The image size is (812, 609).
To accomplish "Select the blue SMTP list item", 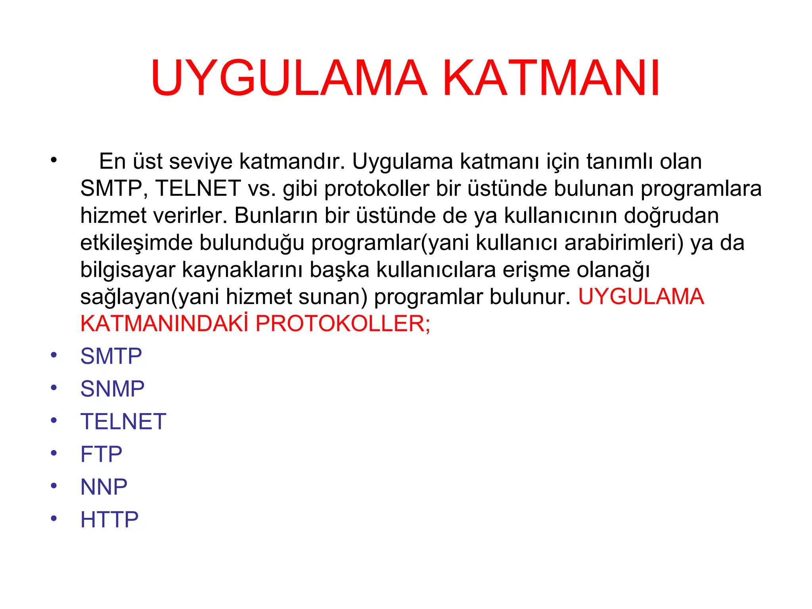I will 111,356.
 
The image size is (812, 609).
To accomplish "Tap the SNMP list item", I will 112,389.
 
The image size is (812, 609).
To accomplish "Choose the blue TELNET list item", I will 123,421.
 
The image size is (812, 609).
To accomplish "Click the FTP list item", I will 101,454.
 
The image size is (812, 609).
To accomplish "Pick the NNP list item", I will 104,487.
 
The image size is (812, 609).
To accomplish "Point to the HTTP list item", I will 109,519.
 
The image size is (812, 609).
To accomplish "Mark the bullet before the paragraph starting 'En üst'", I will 54,160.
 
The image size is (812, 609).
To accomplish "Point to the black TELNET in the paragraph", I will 198,188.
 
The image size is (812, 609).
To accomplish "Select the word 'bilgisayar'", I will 128,270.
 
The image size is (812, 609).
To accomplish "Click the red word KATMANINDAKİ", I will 164,324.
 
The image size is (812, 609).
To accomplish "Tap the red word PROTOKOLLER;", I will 343,324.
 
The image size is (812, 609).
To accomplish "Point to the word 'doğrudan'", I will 671,216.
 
